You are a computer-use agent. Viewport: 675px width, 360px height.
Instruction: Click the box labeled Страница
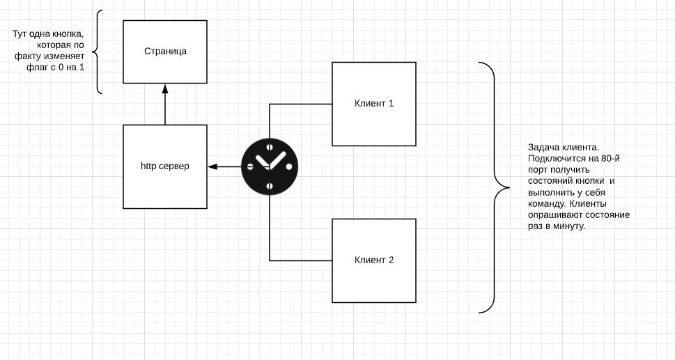[165, 52]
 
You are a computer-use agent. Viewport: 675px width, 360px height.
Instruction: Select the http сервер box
[165, 166]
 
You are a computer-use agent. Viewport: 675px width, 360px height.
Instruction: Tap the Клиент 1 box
[374, 104]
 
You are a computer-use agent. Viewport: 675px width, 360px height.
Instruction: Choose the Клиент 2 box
[374, 260]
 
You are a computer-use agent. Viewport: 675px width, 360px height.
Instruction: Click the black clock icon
[270, 166]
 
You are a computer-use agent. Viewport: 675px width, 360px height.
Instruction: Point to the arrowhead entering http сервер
[212, 166]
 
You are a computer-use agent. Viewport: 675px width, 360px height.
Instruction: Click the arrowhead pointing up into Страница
[165, 88]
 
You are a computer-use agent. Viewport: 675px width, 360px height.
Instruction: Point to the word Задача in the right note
[544, 147]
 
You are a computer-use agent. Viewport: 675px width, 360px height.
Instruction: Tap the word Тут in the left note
[20, 34]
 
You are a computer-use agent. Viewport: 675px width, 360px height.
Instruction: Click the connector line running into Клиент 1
[300, 104]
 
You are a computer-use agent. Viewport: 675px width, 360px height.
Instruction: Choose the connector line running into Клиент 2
[300, 260]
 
